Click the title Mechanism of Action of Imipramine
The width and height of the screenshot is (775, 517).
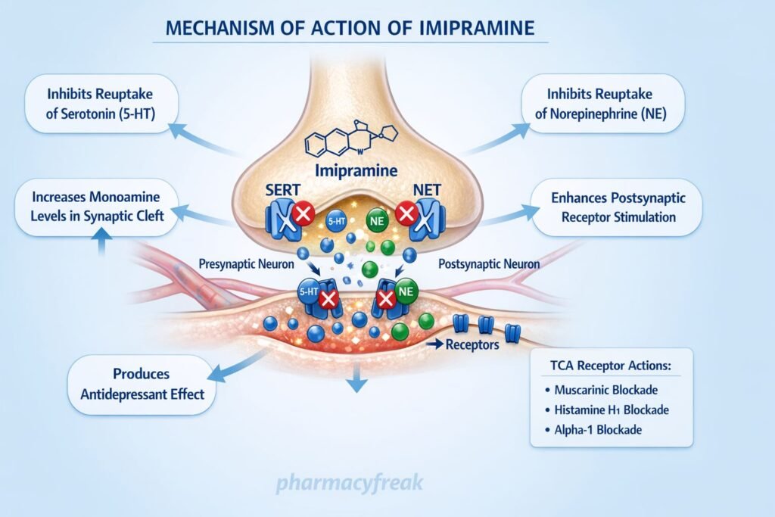[350, 29]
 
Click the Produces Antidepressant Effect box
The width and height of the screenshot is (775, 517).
[142, 385]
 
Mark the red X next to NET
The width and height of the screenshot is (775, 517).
[406, 216]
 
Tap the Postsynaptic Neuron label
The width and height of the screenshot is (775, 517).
[489, 264]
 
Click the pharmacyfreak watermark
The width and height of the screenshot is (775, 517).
[349, 482]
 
